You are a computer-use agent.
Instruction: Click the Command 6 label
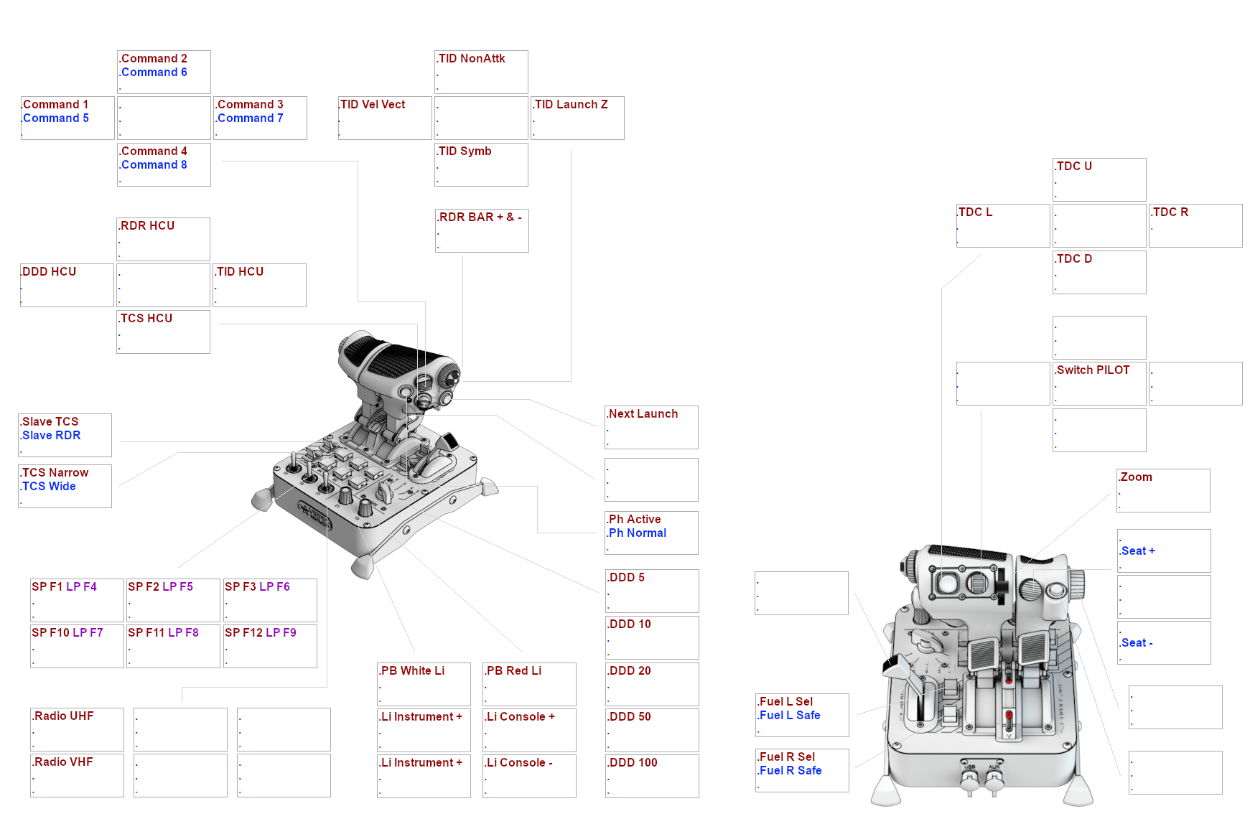(x=154, y=72)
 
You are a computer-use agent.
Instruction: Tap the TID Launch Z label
(x=571, y=105)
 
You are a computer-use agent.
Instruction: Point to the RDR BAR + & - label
(x=480, y=217)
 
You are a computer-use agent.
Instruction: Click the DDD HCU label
(x=49, y=272)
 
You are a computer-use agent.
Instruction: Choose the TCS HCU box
(x=163, y=332)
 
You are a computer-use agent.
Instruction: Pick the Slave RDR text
(x=51, y=436)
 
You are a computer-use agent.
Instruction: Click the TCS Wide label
(x=49, y=487)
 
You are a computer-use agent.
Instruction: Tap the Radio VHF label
(x=63, y=762)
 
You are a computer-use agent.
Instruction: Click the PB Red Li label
(x=513, y=671)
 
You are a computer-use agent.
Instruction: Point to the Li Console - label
(x=519, y=763)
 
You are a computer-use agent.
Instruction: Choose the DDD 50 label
(x=630, y=717)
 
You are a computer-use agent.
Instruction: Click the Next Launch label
(x=643, y=414)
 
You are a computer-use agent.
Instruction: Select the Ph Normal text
(x=638, y=533)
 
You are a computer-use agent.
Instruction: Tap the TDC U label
(x=1074, y=167)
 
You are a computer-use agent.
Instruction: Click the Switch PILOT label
(x=1093, y=370)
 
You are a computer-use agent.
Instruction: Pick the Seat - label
(x=1137, y=643)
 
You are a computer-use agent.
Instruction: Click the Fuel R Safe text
(x=790, y=771)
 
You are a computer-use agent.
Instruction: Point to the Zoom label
(x=1136, y=477)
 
